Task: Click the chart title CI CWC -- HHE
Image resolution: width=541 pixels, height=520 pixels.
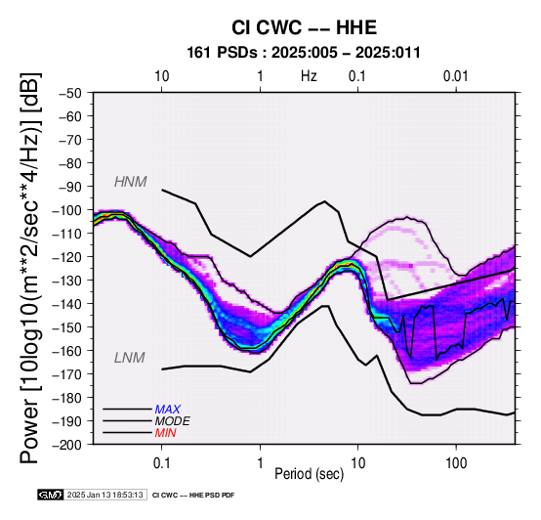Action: click(x=304, y=27)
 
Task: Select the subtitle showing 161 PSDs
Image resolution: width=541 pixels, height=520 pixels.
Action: click(x=304, y=53)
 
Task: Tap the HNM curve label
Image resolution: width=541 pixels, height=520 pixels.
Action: click(x=131, y=182)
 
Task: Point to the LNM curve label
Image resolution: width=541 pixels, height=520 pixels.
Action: click(x=129, y=358)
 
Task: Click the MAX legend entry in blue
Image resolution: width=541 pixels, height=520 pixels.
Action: click(x=168, y=410)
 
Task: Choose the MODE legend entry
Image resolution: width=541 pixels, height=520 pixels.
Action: click(x=173, y=421)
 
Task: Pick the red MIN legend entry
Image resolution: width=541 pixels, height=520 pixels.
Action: click(x=166, y=433)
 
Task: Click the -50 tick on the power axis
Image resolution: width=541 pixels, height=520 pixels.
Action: click(x=70, y=93)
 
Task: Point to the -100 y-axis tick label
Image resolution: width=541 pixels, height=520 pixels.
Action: click(x=67, y=210)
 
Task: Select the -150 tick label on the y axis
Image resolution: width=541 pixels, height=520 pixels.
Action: click(x=67, y=327)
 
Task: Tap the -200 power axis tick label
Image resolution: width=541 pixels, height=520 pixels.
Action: click(x=67, y=445)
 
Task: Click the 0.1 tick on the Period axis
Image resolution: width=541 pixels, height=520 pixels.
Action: click(x=161, y=462)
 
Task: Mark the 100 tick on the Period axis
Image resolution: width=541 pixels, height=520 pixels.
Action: click(x=456, y=462)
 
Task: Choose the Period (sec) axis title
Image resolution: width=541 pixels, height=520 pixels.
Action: click(x=310, y=474)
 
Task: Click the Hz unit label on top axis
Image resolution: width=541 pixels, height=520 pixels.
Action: click(x=309, y=76)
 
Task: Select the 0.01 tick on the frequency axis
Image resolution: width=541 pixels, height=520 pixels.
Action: click(x=456, y=76)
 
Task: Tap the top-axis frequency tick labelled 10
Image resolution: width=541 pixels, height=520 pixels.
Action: click(x=161, y=76)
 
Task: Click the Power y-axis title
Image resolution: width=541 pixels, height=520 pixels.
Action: click(x=30, y=268)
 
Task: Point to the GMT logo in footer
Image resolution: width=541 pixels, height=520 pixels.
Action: click(x=51, y=495)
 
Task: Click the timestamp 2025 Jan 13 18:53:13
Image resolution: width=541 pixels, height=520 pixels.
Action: click(x=105, y=495)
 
